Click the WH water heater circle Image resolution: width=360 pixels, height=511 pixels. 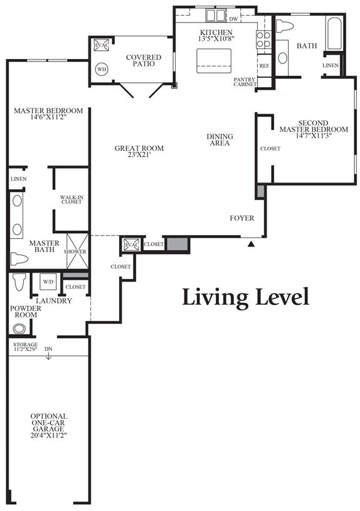click(x=102, y=69)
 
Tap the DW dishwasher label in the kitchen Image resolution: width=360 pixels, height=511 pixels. click(x=233, y=19)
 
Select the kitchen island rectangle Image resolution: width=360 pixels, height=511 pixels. click(x=214, y=61)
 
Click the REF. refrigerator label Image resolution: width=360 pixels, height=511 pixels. click(x=265, y=65)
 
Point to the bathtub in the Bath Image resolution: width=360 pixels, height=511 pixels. click(x=334, y=34)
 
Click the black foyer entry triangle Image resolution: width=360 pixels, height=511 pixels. click(x=251, y=244)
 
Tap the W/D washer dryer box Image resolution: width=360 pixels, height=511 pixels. click(x=48, y=282)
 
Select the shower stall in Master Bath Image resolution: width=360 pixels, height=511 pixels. click(x=78, y=251)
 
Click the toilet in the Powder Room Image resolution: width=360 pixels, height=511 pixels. click(x=19, y=282)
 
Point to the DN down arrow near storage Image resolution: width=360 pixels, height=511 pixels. click(x=48, y=356)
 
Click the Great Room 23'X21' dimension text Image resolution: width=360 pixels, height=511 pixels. click(x=139, y=155)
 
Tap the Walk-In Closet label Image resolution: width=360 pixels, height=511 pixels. click(x=71, y=199)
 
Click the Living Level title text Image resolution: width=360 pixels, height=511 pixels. click(x=246, y=297)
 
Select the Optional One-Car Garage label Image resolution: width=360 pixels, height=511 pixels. click(x=49, y=426)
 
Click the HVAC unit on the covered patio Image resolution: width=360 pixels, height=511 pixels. click(x=101, y=45)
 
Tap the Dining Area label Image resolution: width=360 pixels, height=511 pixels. click(x=220, y=139)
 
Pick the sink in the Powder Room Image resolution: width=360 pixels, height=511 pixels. click(x=19, y=329)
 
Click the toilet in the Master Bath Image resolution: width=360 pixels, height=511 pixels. click(x=19, y=258)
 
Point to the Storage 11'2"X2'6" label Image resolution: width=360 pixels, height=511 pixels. click(x=26, y=347)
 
